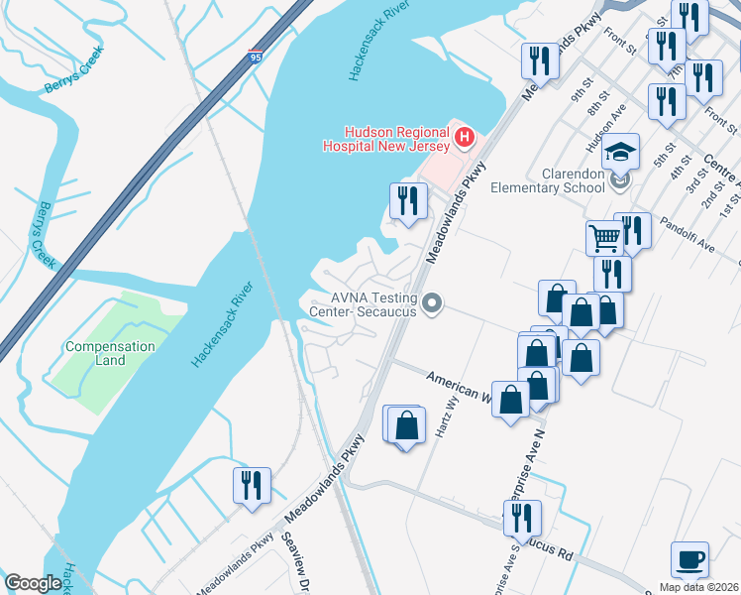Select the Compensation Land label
click(110, 353)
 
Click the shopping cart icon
click(604, 237)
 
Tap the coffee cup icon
click(689, 559)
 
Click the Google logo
click(33, 583)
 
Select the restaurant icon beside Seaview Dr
click(250, 485)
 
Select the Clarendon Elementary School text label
click(560, 178)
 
